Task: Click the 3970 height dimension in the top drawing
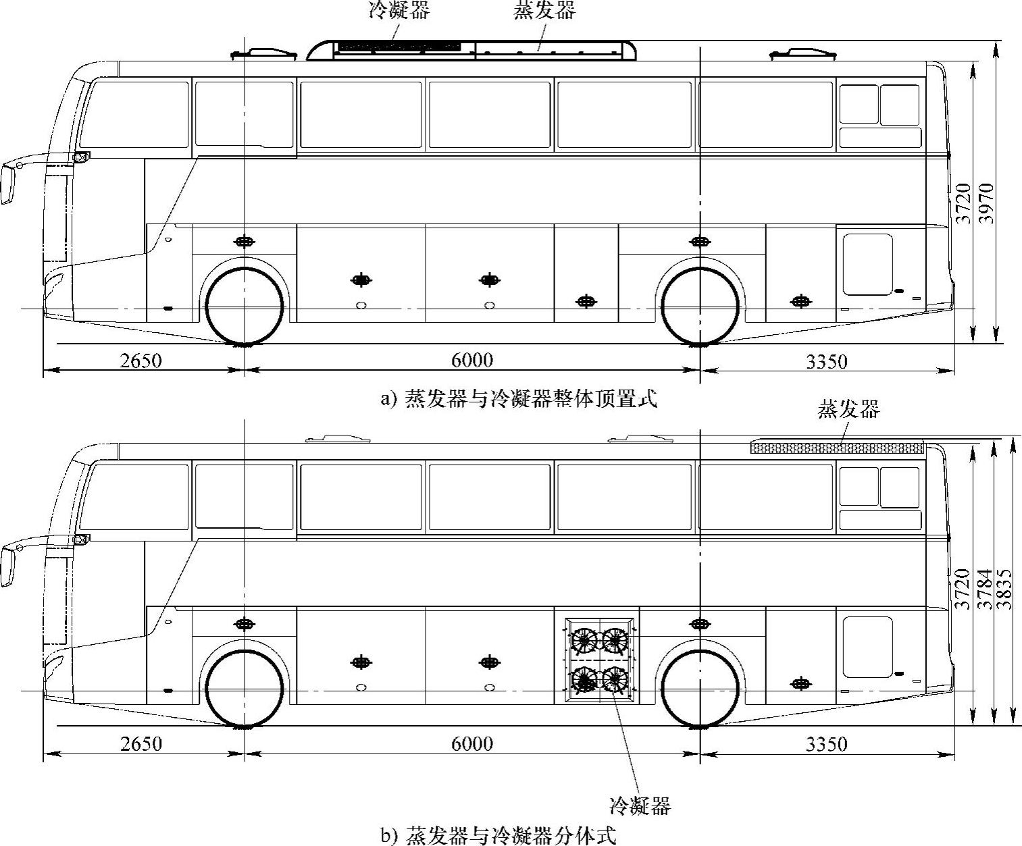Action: click(x=987, y=203)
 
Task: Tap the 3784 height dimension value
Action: click(x=987, y=589)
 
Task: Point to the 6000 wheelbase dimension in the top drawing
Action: click(x=472, y=361)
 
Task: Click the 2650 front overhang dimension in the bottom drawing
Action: click(x=141, y=744)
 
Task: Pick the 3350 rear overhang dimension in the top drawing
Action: click(x=826, y=362)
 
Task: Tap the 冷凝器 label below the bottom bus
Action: click(x=640, y=805)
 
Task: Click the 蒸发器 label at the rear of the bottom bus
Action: click(x=849, y=409)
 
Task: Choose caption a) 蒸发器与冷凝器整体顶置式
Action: click(x=519, y=399)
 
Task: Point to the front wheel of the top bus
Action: click(x=244, y=307)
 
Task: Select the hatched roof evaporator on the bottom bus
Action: click(x=837, y=447)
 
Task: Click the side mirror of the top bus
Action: click(x=8, y=184)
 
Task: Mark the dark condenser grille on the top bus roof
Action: click(x=399, y=47)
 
